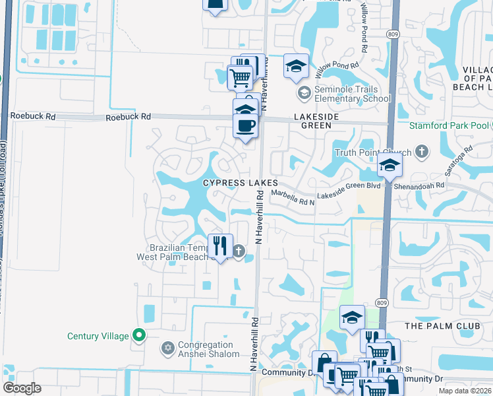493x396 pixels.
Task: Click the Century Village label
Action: (x=98, y=336)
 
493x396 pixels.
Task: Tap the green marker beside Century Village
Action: (x=138, y=335)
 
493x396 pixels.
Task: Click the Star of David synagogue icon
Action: (x=167, y=347)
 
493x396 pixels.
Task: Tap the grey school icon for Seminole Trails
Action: (x=304, y=92)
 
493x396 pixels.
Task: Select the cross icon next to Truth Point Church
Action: (x=422, y=152)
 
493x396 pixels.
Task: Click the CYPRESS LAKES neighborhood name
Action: (x=241, y=183)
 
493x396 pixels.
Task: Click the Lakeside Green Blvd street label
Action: (x=349, y=186)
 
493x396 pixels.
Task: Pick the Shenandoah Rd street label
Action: (x=420, y=186)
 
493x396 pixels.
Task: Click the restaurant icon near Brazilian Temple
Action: (x=220, y=246)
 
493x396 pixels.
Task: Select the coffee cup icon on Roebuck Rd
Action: (x=246, y=125)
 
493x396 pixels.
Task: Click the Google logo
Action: (x=22, y=388)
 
